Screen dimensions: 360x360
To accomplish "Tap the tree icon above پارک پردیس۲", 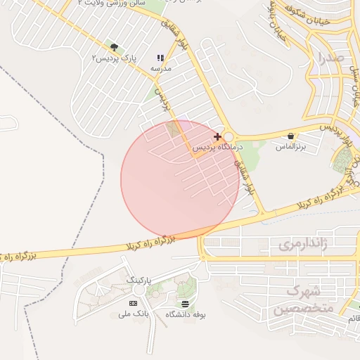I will coord(114,47).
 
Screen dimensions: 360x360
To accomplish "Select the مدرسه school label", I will coord(160,68).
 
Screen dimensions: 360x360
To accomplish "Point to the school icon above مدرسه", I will coord(160,58).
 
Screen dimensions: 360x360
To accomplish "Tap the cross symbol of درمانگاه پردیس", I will coord(217,136).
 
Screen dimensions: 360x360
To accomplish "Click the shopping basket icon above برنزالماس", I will coord(291,136).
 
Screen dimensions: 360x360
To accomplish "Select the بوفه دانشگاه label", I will coord(185,314).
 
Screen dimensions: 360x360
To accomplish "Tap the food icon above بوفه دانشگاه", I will coord(185,304).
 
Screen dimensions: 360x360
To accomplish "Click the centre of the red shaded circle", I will coord(180,179).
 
